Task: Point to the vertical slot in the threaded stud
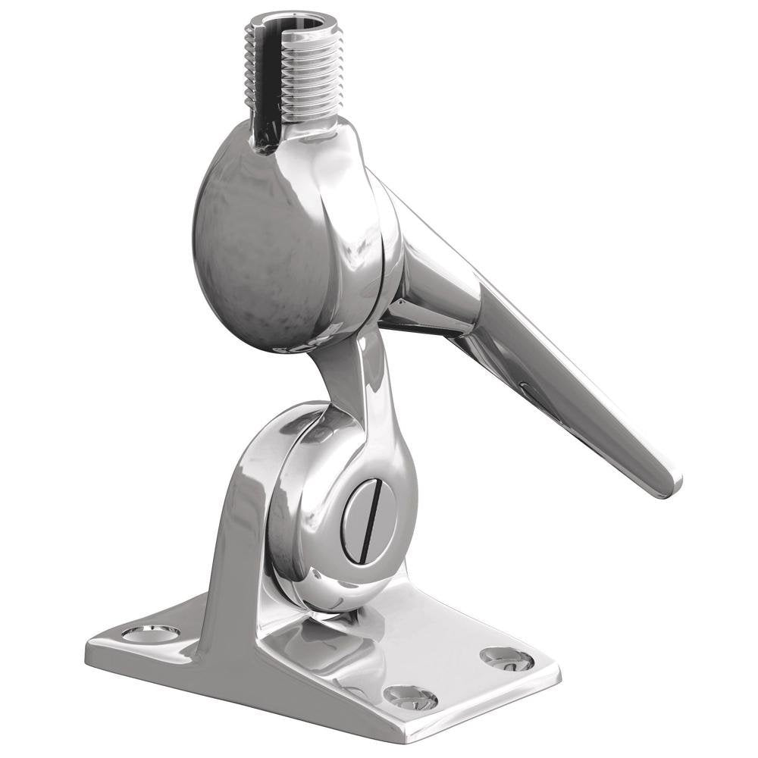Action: point(265,83)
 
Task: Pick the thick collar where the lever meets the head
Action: point(432,280)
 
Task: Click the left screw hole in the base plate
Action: point(151,632)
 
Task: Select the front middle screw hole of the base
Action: point(410,696)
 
